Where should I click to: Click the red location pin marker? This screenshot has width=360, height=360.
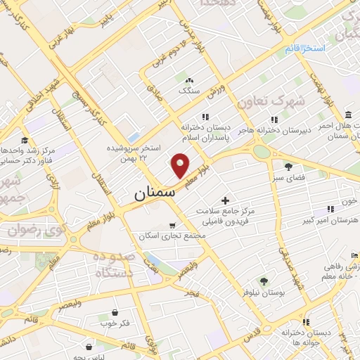point(181,165)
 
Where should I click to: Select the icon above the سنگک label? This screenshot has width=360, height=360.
point(189,79)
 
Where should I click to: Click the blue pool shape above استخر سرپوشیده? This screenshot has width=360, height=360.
point(132,137)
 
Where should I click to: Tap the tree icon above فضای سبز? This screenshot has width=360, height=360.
point(288,166)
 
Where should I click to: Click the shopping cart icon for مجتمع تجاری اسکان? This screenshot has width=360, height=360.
point(173,226)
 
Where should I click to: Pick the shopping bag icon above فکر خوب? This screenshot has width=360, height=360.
point(115,311)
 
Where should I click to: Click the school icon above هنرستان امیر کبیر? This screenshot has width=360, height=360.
point(330,209)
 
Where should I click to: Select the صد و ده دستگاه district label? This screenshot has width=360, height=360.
point(113,264)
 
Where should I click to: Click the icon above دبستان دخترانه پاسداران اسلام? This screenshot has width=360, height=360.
point(205,117)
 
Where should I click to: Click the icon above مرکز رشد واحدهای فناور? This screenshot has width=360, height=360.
point(24,140)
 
